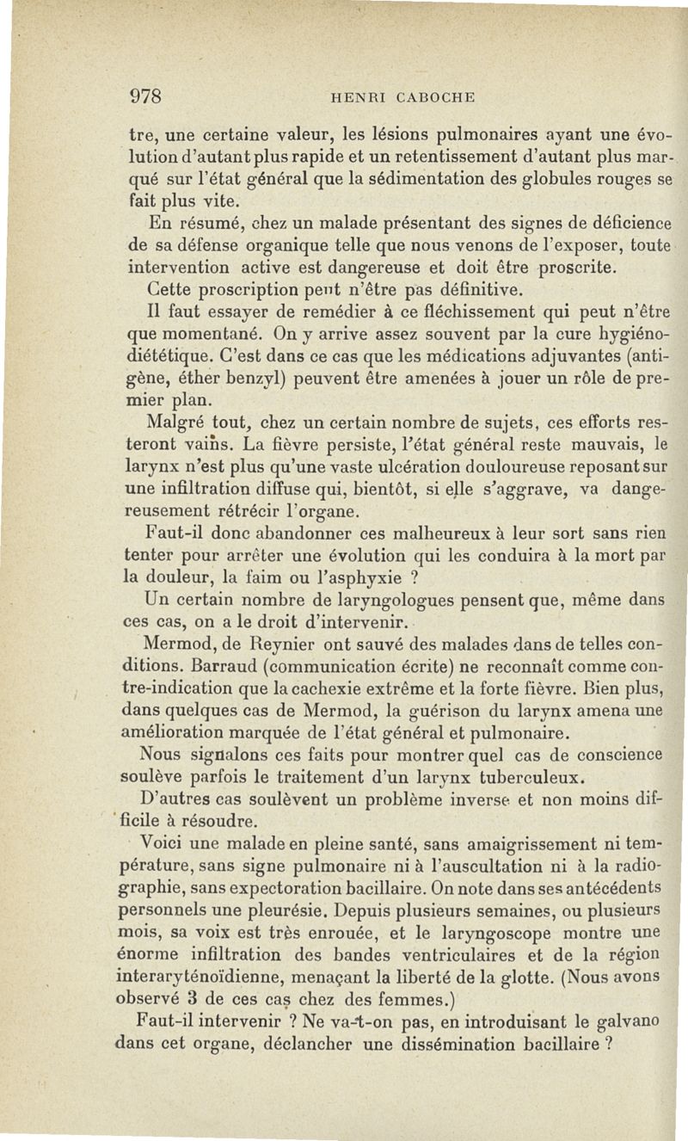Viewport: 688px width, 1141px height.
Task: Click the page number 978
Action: click(x=147, y=96)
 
